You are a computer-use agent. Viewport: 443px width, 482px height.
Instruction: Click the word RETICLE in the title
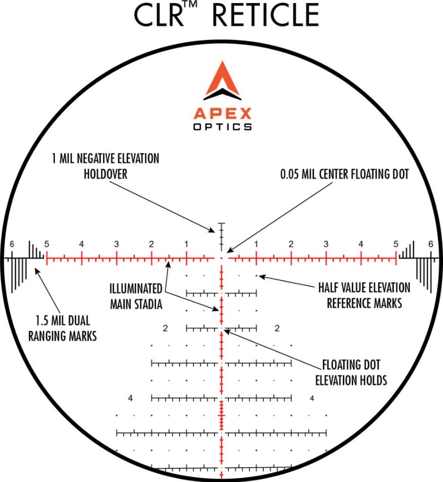coord(265,15)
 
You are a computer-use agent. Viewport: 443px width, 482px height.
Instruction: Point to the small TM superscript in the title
coord(191,5)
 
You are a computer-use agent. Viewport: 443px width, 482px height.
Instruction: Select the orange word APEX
coord(222,114)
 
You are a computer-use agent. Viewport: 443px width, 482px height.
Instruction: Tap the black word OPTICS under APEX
coord(222,127)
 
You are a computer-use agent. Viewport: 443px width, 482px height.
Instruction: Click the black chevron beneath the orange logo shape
coord(222,95)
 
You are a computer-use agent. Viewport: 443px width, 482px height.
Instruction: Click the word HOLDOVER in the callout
coord(106,174)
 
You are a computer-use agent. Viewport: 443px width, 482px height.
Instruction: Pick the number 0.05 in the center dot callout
coord(289,174)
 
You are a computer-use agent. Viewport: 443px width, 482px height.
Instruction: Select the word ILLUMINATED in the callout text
coord(136,289)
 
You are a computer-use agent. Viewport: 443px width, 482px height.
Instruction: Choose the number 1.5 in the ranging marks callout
coord(42,321)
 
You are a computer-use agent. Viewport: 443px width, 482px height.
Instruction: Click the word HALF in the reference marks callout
coord(329,288)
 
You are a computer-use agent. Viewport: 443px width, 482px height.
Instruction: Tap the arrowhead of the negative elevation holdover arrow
coord(212,230)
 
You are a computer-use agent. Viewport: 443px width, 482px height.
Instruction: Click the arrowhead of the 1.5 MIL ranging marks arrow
coord(37,271)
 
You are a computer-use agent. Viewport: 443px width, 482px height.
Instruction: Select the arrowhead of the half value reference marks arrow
coord(261,277)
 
